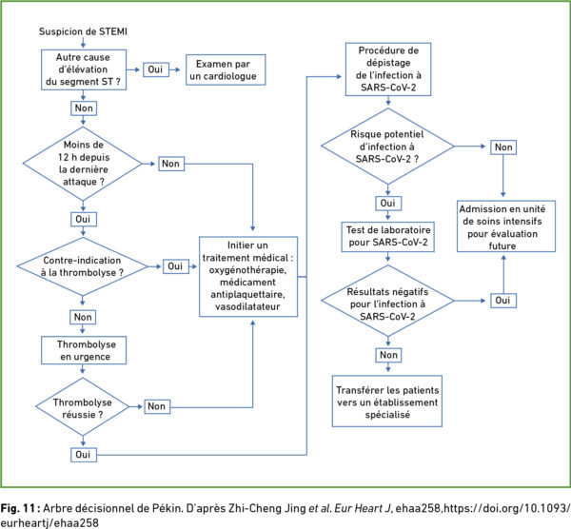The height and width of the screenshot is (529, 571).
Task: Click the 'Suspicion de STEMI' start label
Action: coord(83,31)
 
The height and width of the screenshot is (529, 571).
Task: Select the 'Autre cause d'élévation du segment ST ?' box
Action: coord(84,69)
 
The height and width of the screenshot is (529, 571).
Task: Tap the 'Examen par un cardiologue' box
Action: coord(226,69)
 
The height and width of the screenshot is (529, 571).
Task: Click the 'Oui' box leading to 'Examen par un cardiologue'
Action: coord(156,69)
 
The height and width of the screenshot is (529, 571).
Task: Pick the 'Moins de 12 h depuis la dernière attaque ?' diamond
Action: coord(83,164)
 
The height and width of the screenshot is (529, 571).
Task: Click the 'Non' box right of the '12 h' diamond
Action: coord(171,164)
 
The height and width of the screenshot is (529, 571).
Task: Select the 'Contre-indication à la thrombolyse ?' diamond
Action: coord(82,266)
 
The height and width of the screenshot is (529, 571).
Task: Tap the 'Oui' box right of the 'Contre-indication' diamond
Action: coord(175,266)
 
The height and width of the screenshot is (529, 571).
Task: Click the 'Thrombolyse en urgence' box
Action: coord(84,350)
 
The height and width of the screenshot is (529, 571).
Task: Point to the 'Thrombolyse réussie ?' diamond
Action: coord(83,406)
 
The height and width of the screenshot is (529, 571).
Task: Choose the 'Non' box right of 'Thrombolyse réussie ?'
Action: coord(157,406)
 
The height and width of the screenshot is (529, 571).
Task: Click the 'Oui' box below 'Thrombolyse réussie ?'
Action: coord(84,455)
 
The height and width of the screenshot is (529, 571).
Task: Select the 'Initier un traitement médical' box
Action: coord(248,277)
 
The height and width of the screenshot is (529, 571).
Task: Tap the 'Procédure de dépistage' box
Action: coord(388,69)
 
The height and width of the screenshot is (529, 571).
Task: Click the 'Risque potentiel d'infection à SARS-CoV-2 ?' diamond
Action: coord(387,147)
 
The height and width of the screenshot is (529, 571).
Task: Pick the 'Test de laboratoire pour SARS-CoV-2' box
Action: coord(388,237)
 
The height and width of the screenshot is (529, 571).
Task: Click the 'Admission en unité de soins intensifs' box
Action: coord(506,226)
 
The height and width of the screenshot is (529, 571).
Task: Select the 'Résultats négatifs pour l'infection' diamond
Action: coord(388,301)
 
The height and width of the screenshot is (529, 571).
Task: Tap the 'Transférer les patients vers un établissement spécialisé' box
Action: coord(387,402)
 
